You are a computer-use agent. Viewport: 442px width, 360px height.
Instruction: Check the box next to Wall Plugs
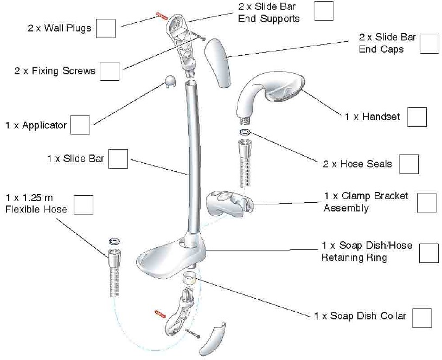pos(106,29)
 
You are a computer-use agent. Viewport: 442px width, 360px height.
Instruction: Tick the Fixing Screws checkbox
pos(110,71)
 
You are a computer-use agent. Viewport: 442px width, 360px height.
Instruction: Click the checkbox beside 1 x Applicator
pos(80,125)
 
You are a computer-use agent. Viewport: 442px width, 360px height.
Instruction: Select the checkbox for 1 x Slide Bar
pos(118,159)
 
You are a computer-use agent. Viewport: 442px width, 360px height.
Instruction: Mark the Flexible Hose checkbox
pos(84,205)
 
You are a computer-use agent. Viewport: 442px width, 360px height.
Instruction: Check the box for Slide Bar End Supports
pos(324,11)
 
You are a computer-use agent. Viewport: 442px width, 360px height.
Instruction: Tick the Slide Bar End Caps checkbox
pos(430,44)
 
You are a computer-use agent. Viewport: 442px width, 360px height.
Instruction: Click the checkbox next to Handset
pos(417,117)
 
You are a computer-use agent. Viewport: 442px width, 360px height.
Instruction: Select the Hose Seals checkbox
pos(409,164)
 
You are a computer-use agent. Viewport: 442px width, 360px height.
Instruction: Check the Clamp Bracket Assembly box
pos(427,203)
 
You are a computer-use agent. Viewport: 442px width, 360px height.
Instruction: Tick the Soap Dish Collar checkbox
pos(422,318)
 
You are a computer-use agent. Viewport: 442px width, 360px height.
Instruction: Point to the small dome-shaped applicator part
pos(170,82)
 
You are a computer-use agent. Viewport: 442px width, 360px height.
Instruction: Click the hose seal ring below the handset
pos(245,132)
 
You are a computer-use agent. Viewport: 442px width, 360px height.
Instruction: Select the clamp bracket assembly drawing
pos(229,202)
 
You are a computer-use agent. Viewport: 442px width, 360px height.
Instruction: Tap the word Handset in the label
pos(381,117)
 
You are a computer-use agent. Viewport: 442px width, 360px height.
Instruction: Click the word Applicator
pos(44,125)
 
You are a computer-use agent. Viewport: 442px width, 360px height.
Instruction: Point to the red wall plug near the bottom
pos(160,314)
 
